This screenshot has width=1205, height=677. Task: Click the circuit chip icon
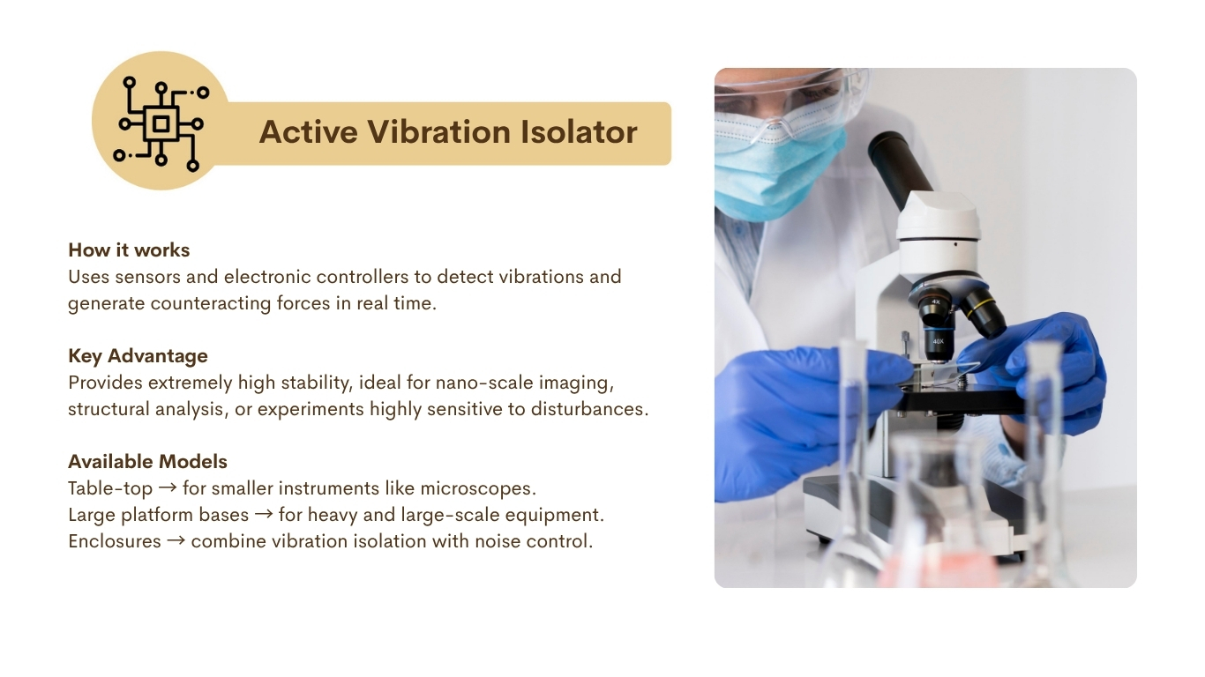pos(161,123)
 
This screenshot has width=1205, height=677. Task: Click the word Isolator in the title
pos(579,131)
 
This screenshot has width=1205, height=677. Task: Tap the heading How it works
pos(129,250)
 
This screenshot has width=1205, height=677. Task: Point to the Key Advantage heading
pos(138,356)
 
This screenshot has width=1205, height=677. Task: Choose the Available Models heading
pos(148,461)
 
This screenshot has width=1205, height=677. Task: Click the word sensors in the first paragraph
pos(147,277)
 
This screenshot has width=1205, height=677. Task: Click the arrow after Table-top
pos(168,487)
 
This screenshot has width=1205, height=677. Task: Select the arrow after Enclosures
pos(176,540)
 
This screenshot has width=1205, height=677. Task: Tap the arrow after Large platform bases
pos(264,514)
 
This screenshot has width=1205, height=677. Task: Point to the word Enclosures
pos(115,541)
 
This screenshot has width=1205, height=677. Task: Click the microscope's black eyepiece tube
pos(900,168)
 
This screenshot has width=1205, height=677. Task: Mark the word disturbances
pos(590,409)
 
